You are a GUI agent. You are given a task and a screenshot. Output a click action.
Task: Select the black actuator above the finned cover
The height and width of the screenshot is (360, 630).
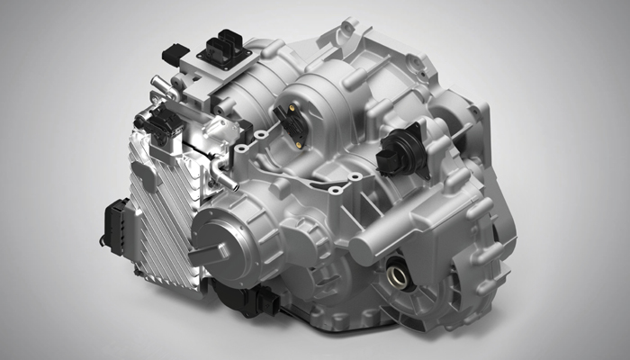[x=158, y=127]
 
